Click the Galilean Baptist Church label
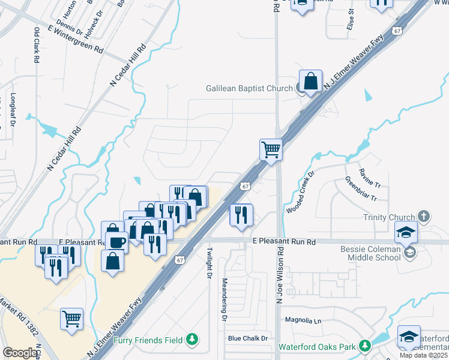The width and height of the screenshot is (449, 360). coord(249,88)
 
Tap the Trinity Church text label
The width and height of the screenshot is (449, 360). coord(388,217)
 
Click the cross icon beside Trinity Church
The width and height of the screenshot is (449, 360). coord(423,216)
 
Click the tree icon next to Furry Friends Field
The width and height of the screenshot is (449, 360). coord(192,340)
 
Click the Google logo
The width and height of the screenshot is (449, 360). coord(20,353)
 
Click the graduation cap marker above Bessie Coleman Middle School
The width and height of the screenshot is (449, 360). coord(406,232)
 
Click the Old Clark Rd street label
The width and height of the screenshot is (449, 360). coord(37,46)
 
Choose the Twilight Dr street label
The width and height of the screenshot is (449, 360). coord(209,263)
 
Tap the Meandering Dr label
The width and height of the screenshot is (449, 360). coord(224,298)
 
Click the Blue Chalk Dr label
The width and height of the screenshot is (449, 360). coord(247,338)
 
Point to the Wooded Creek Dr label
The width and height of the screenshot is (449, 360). coord(300,193)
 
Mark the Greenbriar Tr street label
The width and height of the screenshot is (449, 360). coord(361,188)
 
